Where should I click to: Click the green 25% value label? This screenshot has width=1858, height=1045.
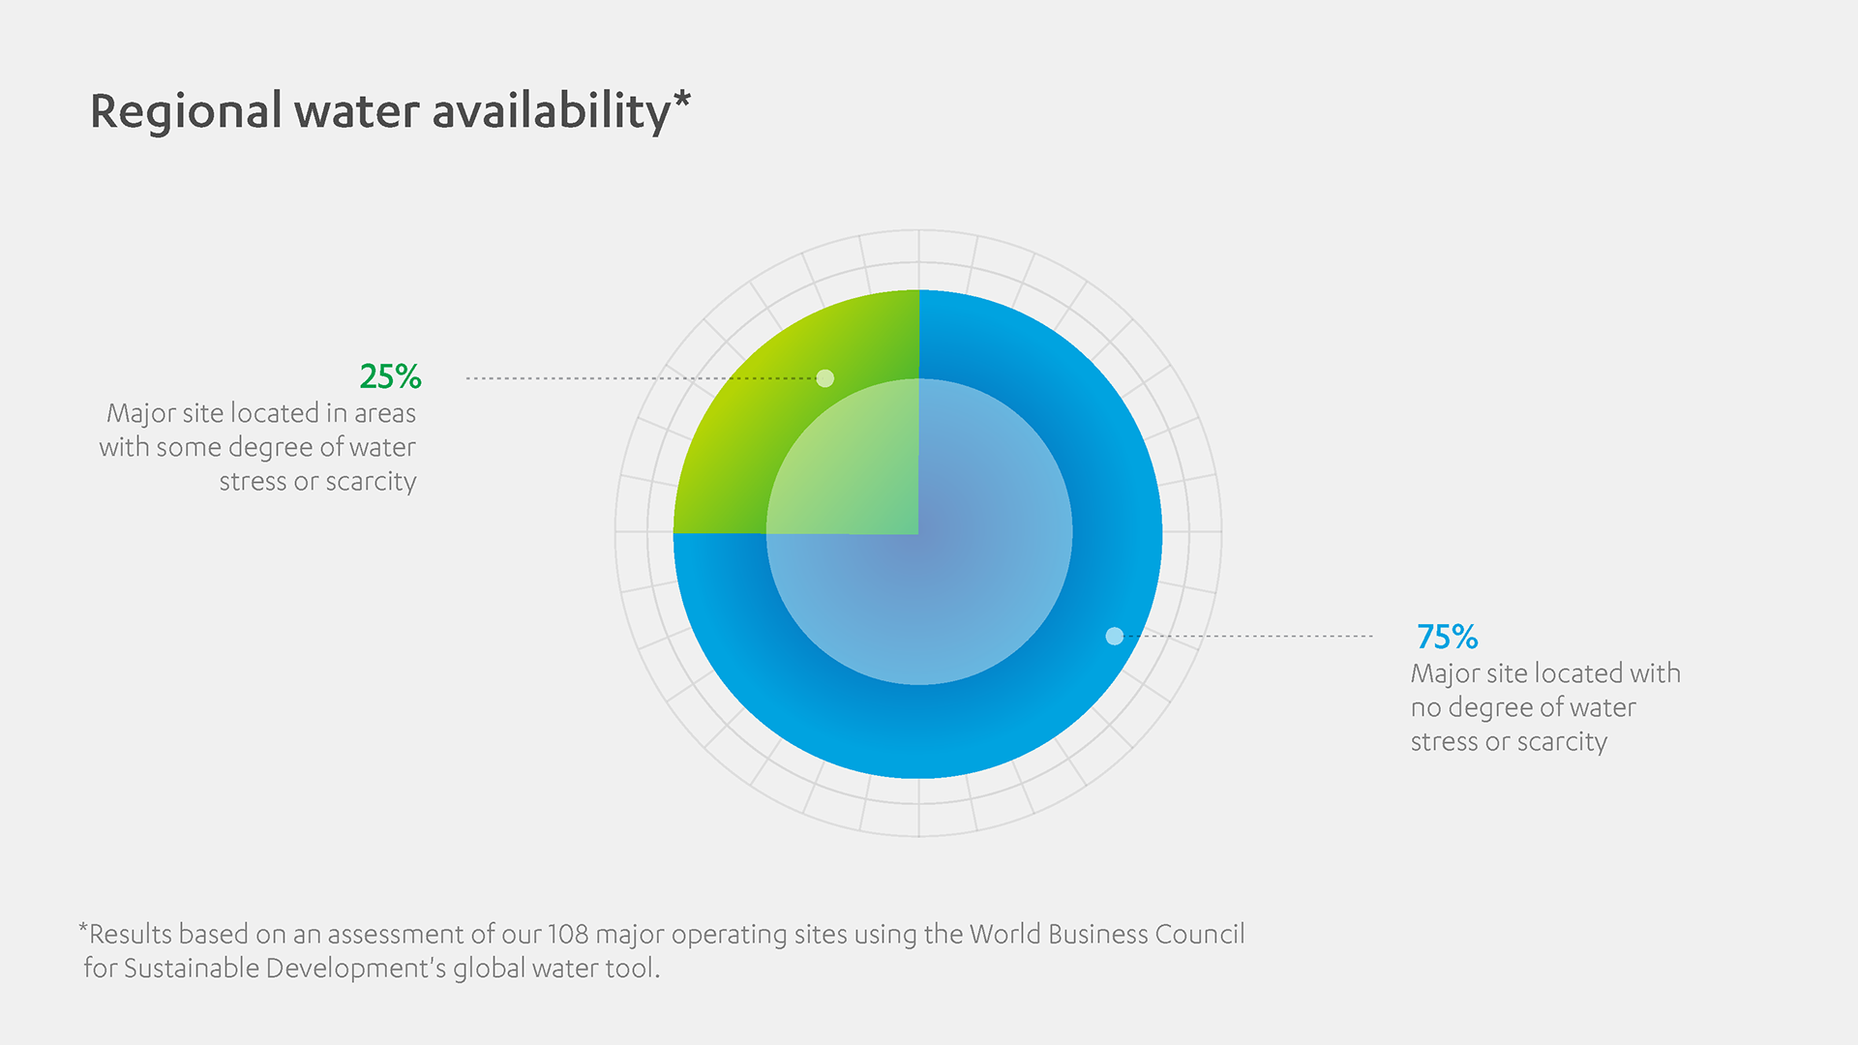(x=390, y=375)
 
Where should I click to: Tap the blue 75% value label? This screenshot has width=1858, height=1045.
(x=1447, y=637)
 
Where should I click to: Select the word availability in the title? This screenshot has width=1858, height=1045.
(x=551, y=111)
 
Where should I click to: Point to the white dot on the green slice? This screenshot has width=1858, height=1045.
(x=825, y=378)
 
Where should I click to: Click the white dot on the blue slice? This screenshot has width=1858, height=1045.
(x=1115, y=636)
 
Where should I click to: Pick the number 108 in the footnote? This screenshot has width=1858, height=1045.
(x=568, y=934)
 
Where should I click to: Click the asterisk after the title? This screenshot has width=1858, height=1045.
(x=682, y=100)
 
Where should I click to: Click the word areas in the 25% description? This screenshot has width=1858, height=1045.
(x=384, y=413)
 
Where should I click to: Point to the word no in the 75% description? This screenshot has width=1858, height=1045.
(x=1425, y=708)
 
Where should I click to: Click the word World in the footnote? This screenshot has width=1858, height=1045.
(x=1005, y=934)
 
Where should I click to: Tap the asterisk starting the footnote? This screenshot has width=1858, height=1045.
(x=83, y=930)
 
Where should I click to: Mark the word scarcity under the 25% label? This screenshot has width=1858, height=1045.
(x=371, y=482)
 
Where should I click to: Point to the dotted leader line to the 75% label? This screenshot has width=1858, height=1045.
(x=1258, y=636)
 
